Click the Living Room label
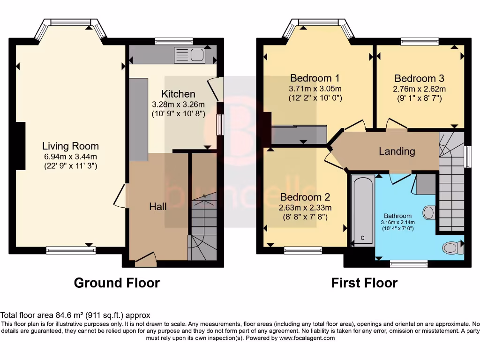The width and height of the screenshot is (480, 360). tap(70, 146)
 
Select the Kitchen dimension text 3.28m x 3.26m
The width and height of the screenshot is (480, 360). tap(178, 104)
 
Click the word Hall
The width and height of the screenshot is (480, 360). tap(158, 206)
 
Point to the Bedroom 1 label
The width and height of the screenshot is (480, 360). tap(315, 78)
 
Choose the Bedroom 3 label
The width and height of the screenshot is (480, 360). tap(419, 78)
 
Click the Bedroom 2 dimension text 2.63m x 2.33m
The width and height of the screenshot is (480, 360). tap(305, 208)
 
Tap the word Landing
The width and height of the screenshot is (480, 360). tap(397, 151)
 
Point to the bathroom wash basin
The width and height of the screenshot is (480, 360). tap(429, 212)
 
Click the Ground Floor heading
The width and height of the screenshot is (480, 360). tap(117, 283)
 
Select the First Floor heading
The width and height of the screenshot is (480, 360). tap(364, 283)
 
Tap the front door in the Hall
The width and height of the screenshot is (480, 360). tap(146, 259)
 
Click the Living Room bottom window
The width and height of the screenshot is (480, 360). tap(70, 251)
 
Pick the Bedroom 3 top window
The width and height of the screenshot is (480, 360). tap(420, 42)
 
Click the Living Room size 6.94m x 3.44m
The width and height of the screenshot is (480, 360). tap(70, 156)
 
